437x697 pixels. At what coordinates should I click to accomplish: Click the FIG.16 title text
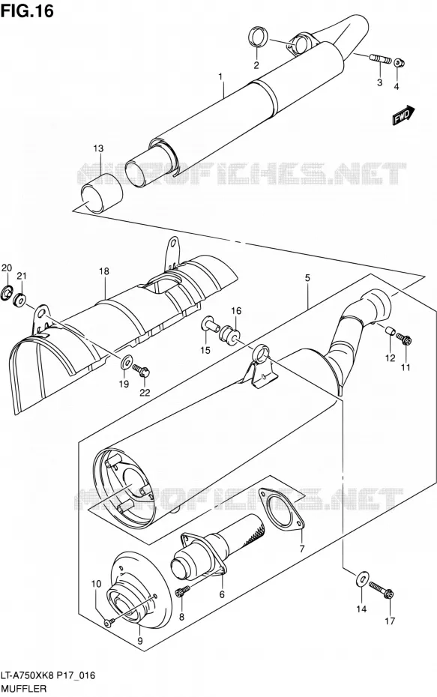(27, 10)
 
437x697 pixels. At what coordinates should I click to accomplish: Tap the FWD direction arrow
(403, 115)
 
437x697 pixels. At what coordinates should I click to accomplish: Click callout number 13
(98, 148)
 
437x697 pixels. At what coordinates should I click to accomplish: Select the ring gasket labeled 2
(257, 37)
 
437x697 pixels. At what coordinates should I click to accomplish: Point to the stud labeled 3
(380, 58)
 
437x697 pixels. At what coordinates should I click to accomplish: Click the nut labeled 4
(400, 62)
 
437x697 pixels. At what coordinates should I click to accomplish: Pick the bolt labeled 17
(381, 590)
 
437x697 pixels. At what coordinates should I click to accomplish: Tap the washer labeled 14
(362, 579)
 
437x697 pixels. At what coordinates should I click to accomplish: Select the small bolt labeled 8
(183, 591)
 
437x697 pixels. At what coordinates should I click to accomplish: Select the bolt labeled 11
(404, 340)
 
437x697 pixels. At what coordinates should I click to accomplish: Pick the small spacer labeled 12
(390, 332)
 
